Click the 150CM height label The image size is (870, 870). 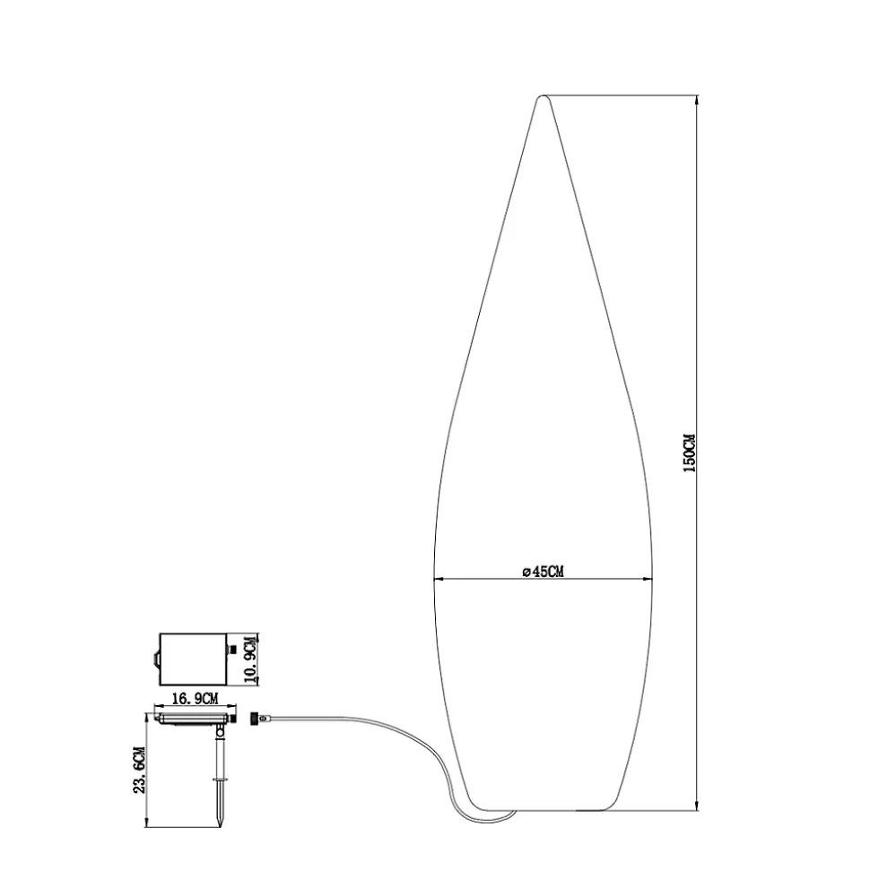[689, 453]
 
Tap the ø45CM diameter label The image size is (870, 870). [543, 572]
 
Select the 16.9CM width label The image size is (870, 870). [195, 699]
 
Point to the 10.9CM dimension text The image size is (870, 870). [252, 659]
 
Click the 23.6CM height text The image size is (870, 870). [139, 771]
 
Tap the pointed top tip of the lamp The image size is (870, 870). [543, 97]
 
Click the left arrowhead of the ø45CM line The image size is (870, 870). [438, 580]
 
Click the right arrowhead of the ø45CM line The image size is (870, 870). [648, 580]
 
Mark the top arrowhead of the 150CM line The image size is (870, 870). [697, 99]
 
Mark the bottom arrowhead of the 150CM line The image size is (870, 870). [697, 805]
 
